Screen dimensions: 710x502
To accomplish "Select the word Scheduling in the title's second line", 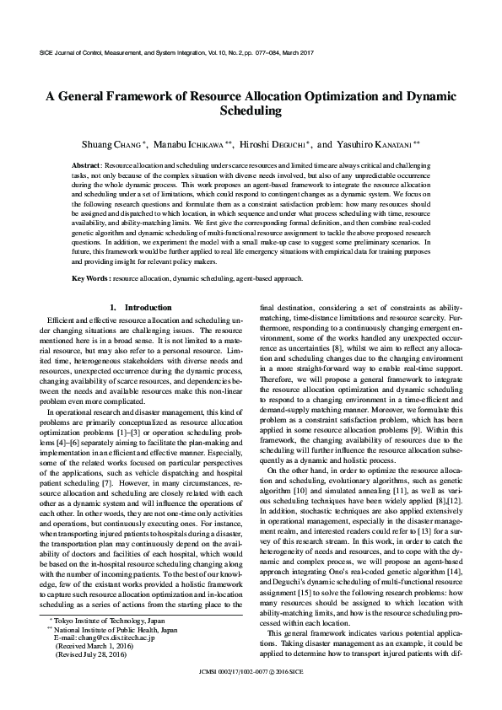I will (x=251, y=110).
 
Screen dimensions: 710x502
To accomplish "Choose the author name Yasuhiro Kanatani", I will (x=377, y=144).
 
